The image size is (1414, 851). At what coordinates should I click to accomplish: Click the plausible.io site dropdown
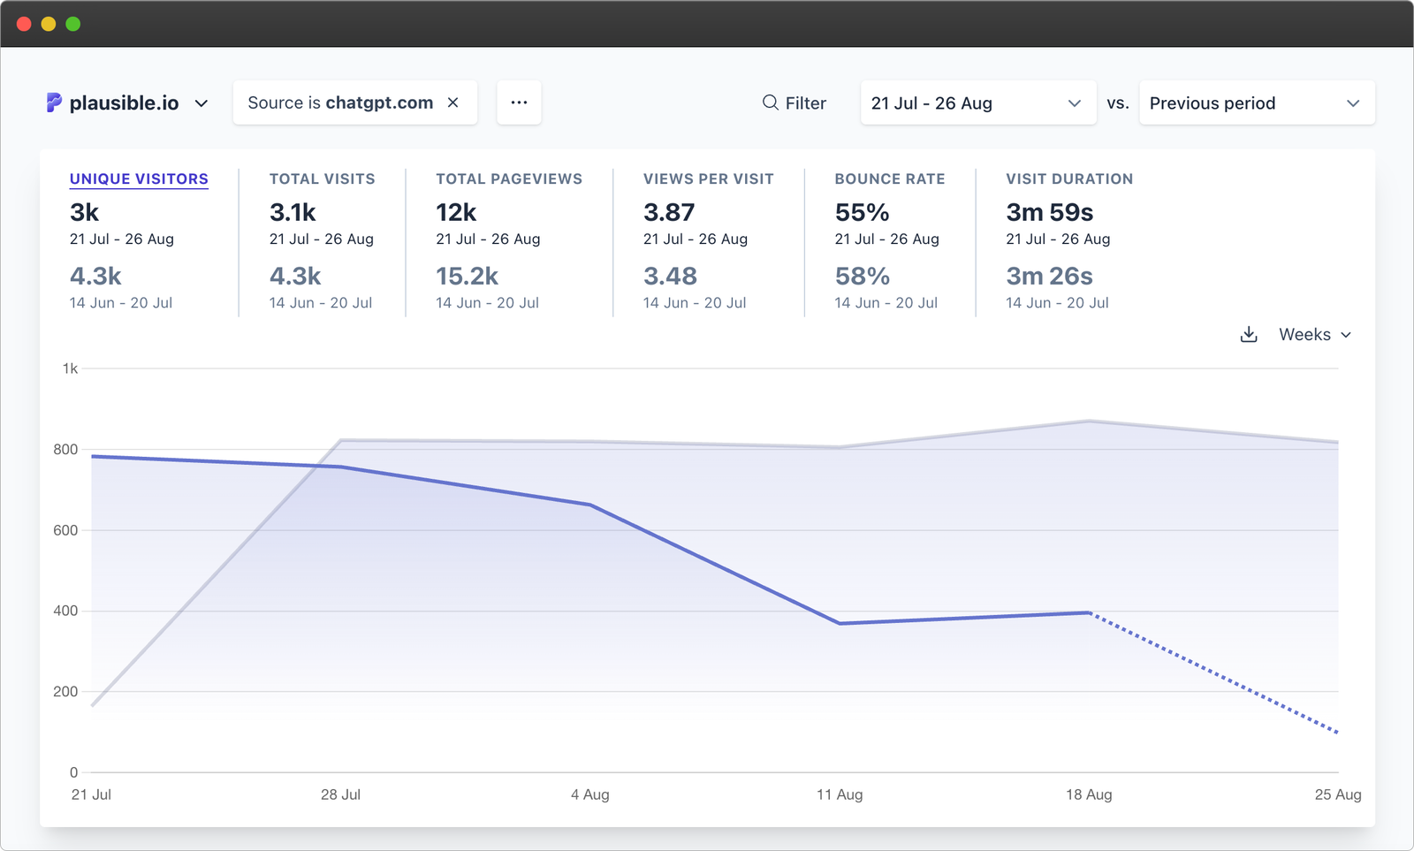127,103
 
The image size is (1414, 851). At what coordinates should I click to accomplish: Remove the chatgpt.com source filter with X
453,103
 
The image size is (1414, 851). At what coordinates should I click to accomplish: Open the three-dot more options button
519,103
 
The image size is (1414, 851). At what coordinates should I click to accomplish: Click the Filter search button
794,103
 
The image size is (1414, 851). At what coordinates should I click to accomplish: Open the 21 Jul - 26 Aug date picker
977,103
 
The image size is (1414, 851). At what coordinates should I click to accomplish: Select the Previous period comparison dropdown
1256,103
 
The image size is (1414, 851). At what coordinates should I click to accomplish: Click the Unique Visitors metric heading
139,179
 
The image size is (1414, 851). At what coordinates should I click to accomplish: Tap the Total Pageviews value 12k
456,213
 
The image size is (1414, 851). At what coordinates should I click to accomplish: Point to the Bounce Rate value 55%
862,213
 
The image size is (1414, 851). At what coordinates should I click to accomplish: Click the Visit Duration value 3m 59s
1049,213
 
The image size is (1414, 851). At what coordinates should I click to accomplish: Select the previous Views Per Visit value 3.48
670,277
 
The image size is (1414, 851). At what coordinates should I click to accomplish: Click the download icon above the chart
1249,335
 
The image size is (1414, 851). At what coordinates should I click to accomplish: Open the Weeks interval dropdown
1315,335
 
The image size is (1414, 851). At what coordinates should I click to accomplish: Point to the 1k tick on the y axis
70,369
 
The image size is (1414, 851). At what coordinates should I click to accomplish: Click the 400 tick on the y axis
65,611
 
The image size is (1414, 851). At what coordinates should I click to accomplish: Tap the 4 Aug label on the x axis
589,794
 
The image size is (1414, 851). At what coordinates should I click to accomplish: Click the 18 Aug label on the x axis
1089,794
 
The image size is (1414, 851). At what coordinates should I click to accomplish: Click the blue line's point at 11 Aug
840,623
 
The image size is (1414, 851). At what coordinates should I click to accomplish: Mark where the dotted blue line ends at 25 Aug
1337,733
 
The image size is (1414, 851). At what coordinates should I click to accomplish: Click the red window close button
24,24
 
